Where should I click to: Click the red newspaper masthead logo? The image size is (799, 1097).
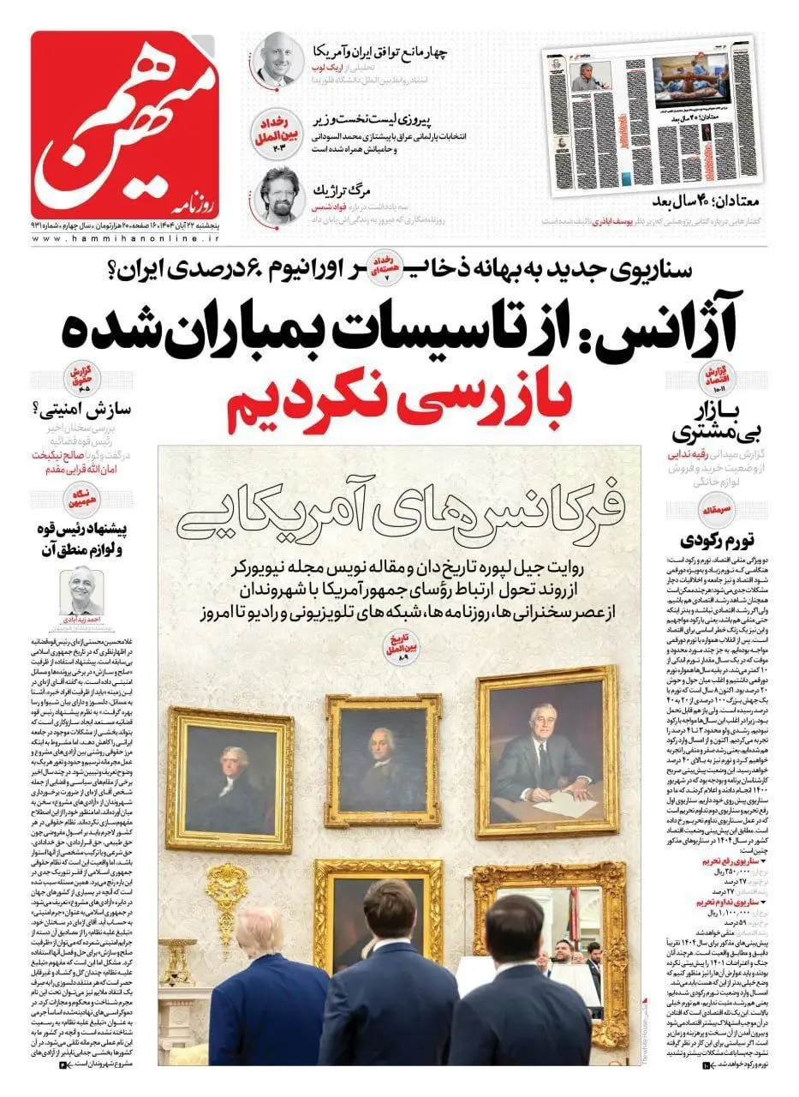[124, 124]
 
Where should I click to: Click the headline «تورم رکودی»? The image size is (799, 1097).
[718, 540]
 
